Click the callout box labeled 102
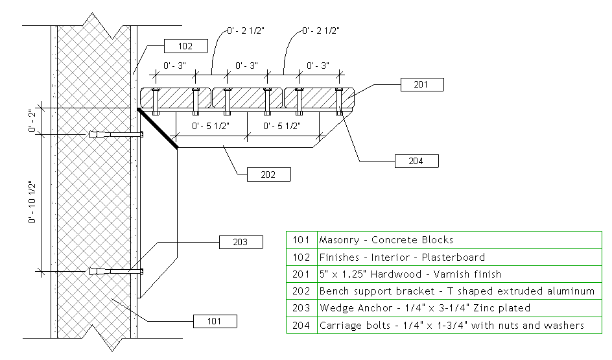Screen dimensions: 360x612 click(185, 46)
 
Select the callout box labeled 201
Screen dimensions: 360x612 click(422, 84)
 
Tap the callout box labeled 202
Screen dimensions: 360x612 click(268, 174)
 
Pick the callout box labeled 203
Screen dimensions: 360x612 click(241, 242)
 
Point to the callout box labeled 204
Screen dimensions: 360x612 click(417, 161)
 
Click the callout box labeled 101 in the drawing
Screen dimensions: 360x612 click(215, 320)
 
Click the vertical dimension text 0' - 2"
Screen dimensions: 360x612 click(32, 120)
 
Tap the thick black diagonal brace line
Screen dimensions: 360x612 click(158, 128)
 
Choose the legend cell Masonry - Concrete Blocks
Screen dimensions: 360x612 click(386, 240)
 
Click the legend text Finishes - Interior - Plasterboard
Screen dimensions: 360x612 click(402, 257)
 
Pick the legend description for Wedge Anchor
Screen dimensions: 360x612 click(425, 308)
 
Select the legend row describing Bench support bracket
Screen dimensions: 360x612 click(456, 291)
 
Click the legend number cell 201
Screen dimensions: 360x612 click(301, 274)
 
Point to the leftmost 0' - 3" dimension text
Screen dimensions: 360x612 click(176, 66)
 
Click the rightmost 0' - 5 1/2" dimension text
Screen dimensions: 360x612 click(282, 126)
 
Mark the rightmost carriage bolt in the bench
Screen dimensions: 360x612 click(339, 101)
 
